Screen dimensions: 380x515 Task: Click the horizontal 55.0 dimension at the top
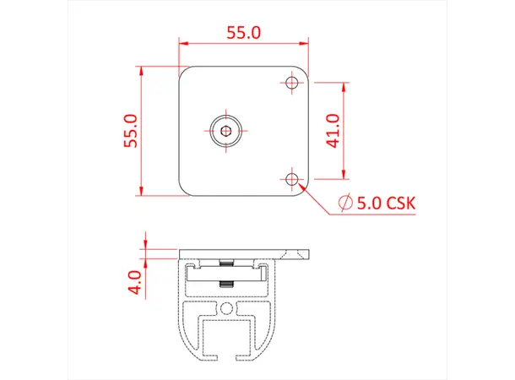coord(244,33)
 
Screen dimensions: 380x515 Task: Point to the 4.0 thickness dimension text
coord(133,280)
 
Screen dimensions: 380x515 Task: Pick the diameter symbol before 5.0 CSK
coord(344,203)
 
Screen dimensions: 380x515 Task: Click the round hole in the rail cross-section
coord(225,309)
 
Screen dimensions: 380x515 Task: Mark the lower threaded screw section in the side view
coord(225,284)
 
